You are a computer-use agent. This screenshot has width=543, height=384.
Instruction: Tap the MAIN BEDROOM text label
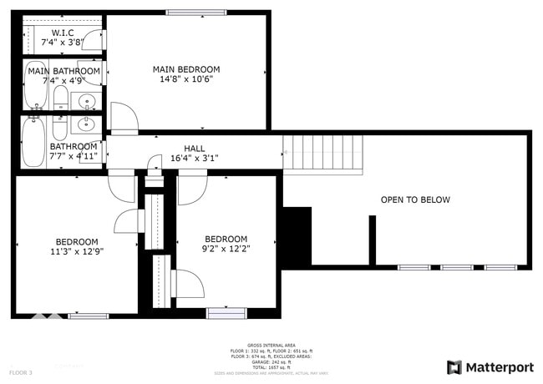point(185,69)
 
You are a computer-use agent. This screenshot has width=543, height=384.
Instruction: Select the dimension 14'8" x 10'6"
point(185,80)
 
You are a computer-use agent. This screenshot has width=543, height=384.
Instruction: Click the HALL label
point(194,148)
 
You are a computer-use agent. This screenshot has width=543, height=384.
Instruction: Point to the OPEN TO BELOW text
point(415,200)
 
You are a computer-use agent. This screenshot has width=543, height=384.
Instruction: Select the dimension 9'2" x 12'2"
point(226,249)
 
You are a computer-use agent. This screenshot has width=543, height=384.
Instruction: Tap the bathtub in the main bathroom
point(35,84)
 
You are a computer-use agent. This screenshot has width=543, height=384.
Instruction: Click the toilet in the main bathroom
point(60,100)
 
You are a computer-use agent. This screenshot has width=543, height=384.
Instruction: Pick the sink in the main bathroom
point(87,102)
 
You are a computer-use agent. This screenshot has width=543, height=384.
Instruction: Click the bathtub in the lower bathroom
point(33,142)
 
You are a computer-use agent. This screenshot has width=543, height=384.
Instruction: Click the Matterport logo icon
point(454,367)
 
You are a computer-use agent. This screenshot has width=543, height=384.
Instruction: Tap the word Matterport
point(500,367)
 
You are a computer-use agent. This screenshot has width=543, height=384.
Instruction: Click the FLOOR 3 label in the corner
point(20,371)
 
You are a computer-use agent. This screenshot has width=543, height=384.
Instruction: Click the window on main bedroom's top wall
point(196,12)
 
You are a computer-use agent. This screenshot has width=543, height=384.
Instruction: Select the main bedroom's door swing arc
point(123,119)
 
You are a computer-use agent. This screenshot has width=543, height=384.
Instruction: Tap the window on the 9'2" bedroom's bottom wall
point(226,313)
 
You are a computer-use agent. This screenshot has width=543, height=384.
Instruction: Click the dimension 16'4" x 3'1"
point(194,158)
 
